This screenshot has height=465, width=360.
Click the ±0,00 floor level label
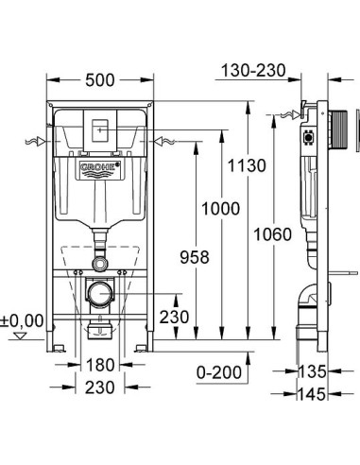pyautogui.click(x=24, y=320)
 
